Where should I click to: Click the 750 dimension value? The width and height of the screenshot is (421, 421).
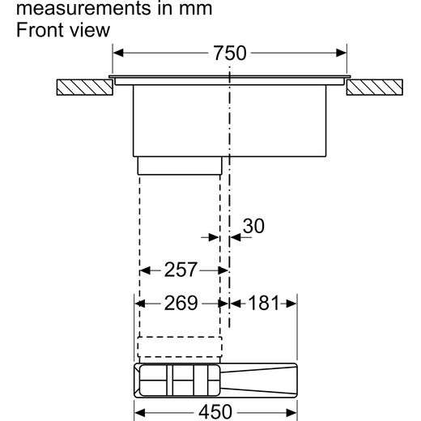point(230,53)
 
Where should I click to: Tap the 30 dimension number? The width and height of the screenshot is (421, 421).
point(253,226)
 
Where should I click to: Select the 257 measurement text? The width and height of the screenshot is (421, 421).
point(181,270)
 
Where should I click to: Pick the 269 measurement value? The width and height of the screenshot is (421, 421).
point(181,303)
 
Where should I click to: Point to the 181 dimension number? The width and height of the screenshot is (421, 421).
point(263,303)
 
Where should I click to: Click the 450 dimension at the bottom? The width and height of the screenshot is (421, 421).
point(215,412)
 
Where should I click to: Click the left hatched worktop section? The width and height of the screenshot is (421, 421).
point(85,87)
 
